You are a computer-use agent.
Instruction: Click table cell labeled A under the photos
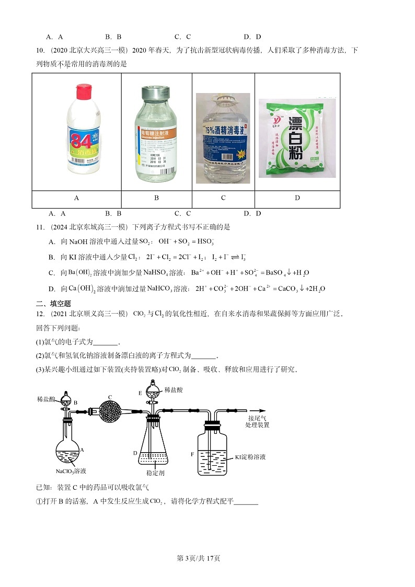click(77, 198)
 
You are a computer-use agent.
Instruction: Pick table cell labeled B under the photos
click(156, 198)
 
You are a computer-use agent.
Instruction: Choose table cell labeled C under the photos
click(223, 198)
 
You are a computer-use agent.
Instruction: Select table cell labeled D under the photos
click(297, 198)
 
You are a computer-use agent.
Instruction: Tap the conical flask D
click(155, 450)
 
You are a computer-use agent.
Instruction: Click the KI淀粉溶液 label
click(250, 456)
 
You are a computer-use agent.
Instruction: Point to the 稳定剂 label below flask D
click(155, 473)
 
